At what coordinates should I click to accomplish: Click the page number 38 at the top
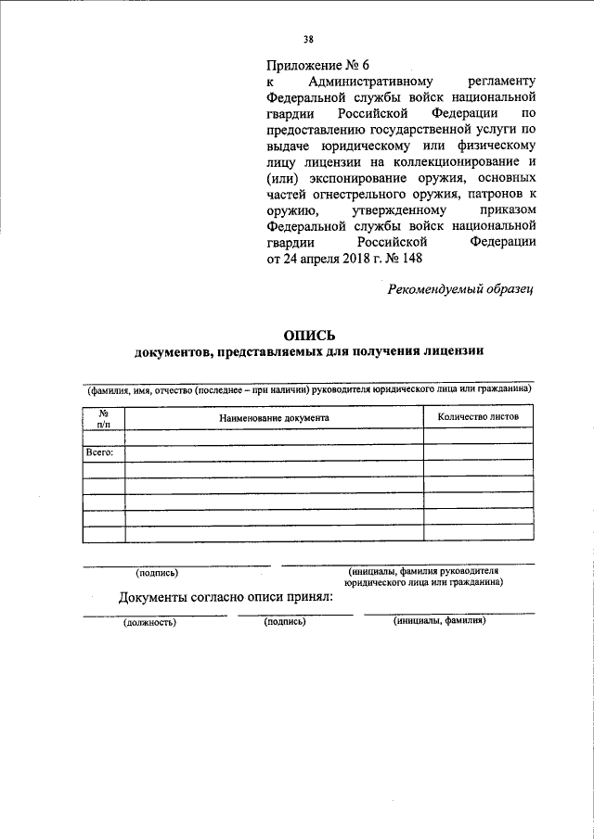pos(308,39)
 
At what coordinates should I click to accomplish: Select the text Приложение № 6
pos(311,65)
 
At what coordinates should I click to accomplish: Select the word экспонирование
pos(358,176)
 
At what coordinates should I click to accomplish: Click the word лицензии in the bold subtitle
pos(448,352)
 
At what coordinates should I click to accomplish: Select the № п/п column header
pos(103,417)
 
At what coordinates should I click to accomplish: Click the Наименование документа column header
pos(274,417)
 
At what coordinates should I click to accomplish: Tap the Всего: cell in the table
pos(99,452)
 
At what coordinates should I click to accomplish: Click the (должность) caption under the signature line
pos(149,622)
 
